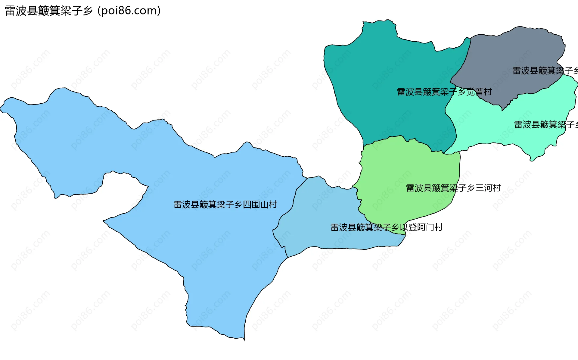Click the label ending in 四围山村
(x=225, y=205)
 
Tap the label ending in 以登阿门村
(x=387, y=227)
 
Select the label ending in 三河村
(x=453, y=188)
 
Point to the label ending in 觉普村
(x=444, y=92)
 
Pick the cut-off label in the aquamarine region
(x=545, y=124)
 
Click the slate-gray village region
(x=512, y=54)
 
